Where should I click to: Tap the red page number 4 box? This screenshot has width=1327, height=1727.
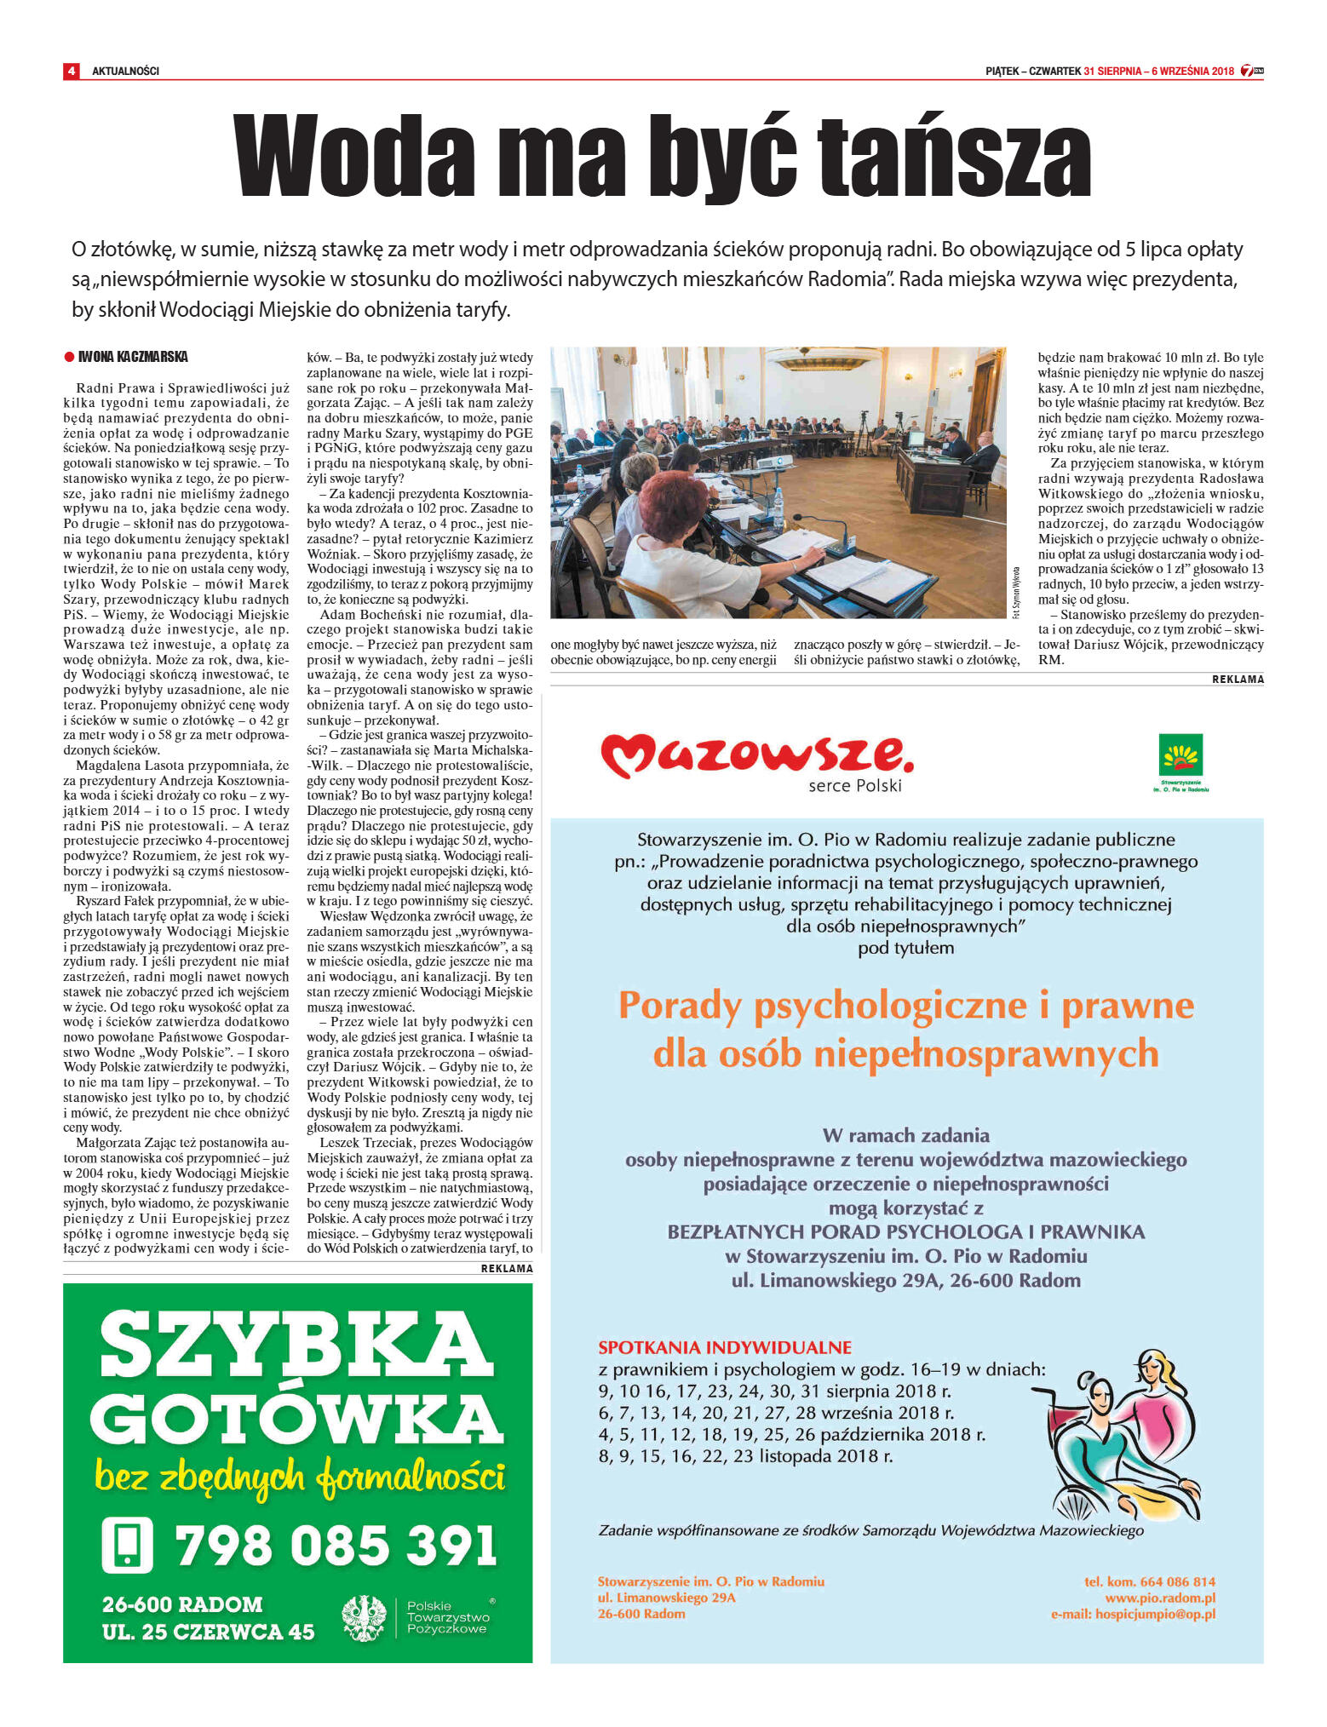[x=72, y=71]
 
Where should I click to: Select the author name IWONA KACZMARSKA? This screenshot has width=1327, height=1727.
[x=133, y=357]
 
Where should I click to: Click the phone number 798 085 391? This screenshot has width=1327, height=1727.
[x=336, y=1545]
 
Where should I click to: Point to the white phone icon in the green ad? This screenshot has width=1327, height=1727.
[x=127, y=1544]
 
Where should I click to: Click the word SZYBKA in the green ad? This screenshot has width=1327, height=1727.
[x=296, y=1346]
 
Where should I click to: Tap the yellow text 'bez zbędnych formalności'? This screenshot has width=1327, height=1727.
[x=300, y=1477]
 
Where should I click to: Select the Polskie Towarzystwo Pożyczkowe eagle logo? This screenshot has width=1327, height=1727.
[x=364, y=1618]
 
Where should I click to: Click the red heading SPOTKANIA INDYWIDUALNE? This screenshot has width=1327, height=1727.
[x=724, y=1347]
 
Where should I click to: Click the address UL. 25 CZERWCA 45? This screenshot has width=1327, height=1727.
[x=208, y=1632]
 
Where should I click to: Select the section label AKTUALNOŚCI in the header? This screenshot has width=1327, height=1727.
[x=125, y=72]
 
